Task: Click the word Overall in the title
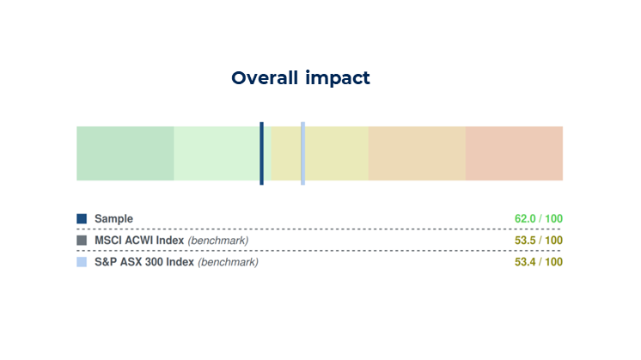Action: [264, 78]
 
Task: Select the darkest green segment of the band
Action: [125, 153]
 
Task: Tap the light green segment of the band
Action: [217, 153]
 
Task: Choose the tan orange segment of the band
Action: [417, 153]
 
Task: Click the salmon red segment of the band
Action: [514, 153]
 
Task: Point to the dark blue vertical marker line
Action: [261, 153]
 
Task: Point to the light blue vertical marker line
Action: [302, 153]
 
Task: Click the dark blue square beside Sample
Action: [82, 219]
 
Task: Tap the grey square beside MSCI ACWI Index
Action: [82, 241]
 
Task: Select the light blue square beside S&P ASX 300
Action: [82, 262]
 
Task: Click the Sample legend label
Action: [113, 219]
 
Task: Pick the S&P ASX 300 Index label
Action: [143, 262]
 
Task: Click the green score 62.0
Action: [525, 219]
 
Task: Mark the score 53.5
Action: [525, 241]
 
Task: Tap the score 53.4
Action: [525, 262]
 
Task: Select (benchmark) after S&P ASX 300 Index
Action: [228, 262]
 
